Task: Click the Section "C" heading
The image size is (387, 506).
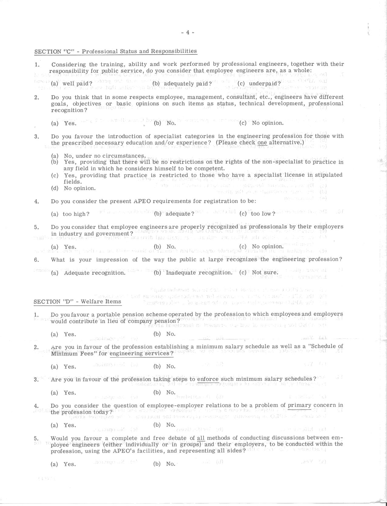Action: [116, 51]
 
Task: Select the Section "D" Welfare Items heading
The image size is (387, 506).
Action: [77, 302]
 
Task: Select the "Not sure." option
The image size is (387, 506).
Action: [265, 272]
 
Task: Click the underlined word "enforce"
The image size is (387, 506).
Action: [208, 379]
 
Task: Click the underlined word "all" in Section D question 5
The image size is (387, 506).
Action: [201, 438]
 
